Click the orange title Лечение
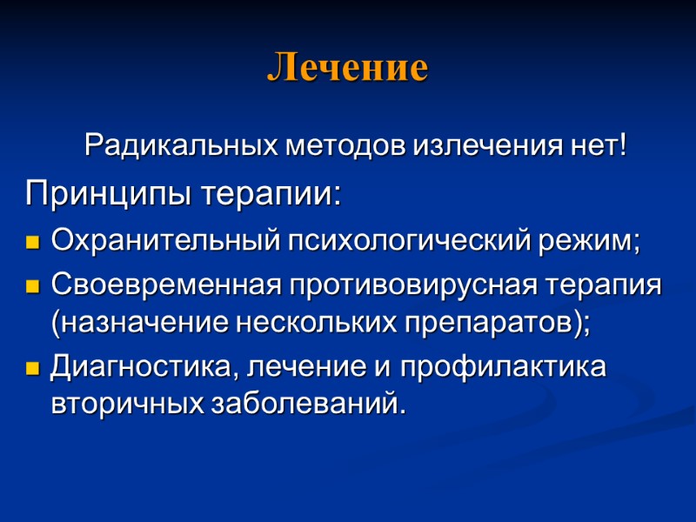347,68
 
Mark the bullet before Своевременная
34,286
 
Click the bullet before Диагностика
34,369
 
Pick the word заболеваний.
314,404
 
